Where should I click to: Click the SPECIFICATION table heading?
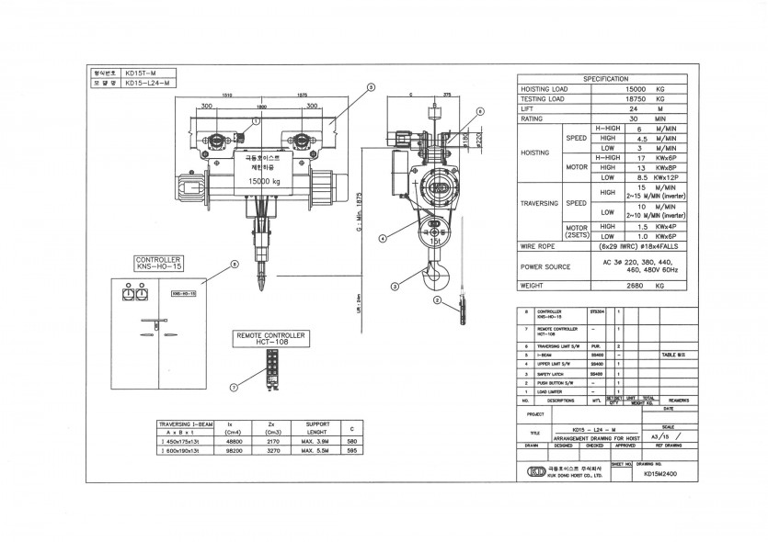tap(605, 79)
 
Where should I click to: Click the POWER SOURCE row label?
tap(545, 266)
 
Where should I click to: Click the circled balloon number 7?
tap(234, 388)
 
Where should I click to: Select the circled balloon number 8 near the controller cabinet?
tap(235, 264)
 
